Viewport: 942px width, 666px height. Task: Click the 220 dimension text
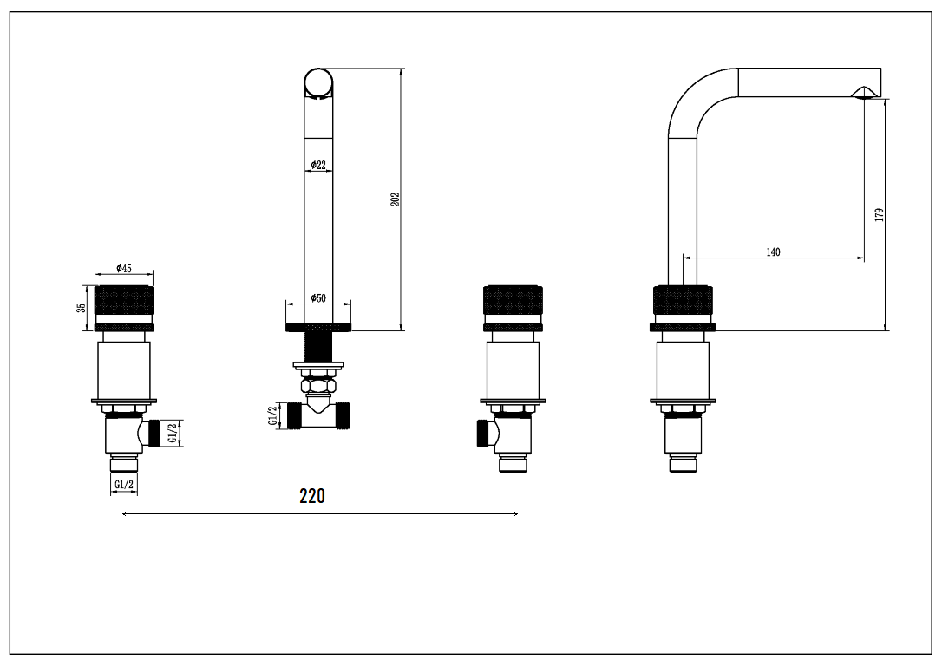(312, 496)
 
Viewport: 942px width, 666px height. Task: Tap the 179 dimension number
(879, 214)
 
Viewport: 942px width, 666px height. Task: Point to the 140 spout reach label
(773, 252)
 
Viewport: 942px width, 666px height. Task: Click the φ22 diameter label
(318, 165)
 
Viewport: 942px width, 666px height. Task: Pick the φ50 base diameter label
(318, 298)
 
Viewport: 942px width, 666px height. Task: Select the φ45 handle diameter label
(124, 269)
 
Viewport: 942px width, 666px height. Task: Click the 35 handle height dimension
(82, 307)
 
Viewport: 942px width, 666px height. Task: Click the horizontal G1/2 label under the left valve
(124, 484)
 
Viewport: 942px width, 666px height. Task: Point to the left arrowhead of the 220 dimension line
(126, 514)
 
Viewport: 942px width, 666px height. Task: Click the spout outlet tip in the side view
(867, 94)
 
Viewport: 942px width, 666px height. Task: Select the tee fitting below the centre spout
(318, 412)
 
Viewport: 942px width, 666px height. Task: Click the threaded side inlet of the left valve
(156, 432)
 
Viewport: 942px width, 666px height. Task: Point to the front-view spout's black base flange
(318, 327)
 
